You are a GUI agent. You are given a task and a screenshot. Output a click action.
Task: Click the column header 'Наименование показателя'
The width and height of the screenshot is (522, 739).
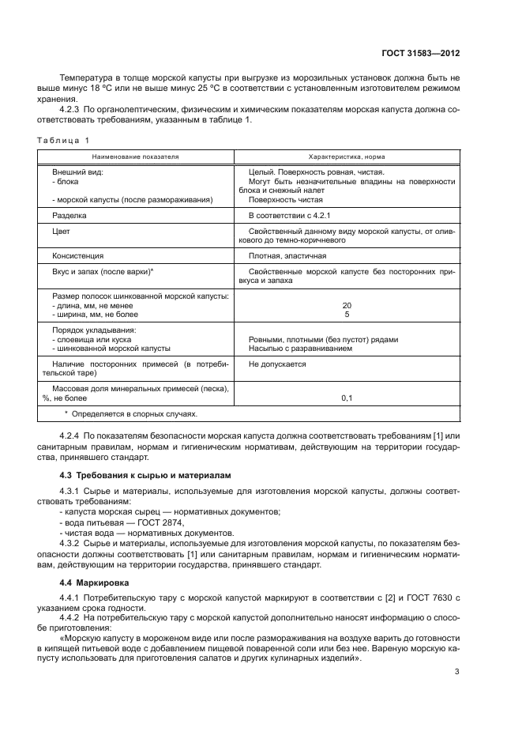(x=134, y=156)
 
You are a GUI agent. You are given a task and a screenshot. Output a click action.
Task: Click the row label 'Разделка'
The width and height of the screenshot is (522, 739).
(x=69, y=214)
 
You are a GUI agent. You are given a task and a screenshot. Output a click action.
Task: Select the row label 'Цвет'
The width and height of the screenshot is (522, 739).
(x=61, y=231)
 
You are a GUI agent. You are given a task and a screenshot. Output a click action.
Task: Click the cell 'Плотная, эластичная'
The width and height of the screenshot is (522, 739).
(x=287, y=256)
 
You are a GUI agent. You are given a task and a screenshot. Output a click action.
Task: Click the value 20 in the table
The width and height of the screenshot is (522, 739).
(x=347, y=305)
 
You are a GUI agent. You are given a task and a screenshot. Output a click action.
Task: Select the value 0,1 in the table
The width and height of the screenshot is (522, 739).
(x=347, y=398)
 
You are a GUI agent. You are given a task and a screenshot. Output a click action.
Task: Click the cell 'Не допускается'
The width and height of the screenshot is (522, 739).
(x=276, y=364)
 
